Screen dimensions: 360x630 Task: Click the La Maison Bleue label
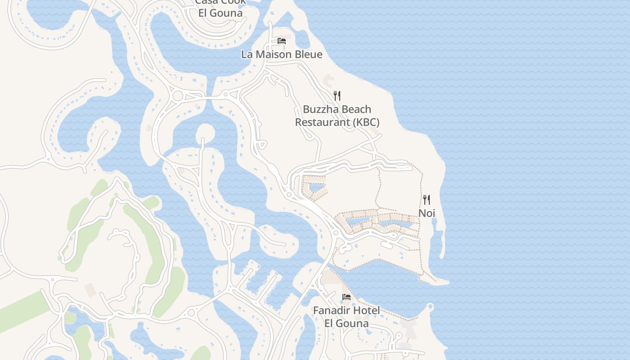pos(282,54)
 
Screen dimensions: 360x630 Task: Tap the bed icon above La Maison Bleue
pos(282,41)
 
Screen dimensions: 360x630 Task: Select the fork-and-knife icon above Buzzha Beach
pos(337,95)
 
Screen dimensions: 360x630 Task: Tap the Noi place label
pos(427,213)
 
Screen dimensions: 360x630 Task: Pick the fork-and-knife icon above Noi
pos(427,199)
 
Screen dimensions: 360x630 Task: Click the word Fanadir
pos(333,310)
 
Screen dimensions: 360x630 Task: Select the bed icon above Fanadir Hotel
pos(346,297)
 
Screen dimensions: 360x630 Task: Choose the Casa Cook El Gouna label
pos(220,7)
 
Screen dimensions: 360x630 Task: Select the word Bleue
pos(309,54)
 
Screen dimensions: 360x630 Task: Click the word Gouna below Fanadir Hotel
pos(354,323)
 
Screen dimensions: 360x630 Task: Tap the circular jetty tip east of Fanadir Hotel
pos(430,307)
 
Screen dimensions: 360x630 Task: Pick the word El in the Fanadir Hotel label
pos(331,323)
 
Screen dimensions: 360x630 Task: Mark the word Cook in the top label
pos(233,2)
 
